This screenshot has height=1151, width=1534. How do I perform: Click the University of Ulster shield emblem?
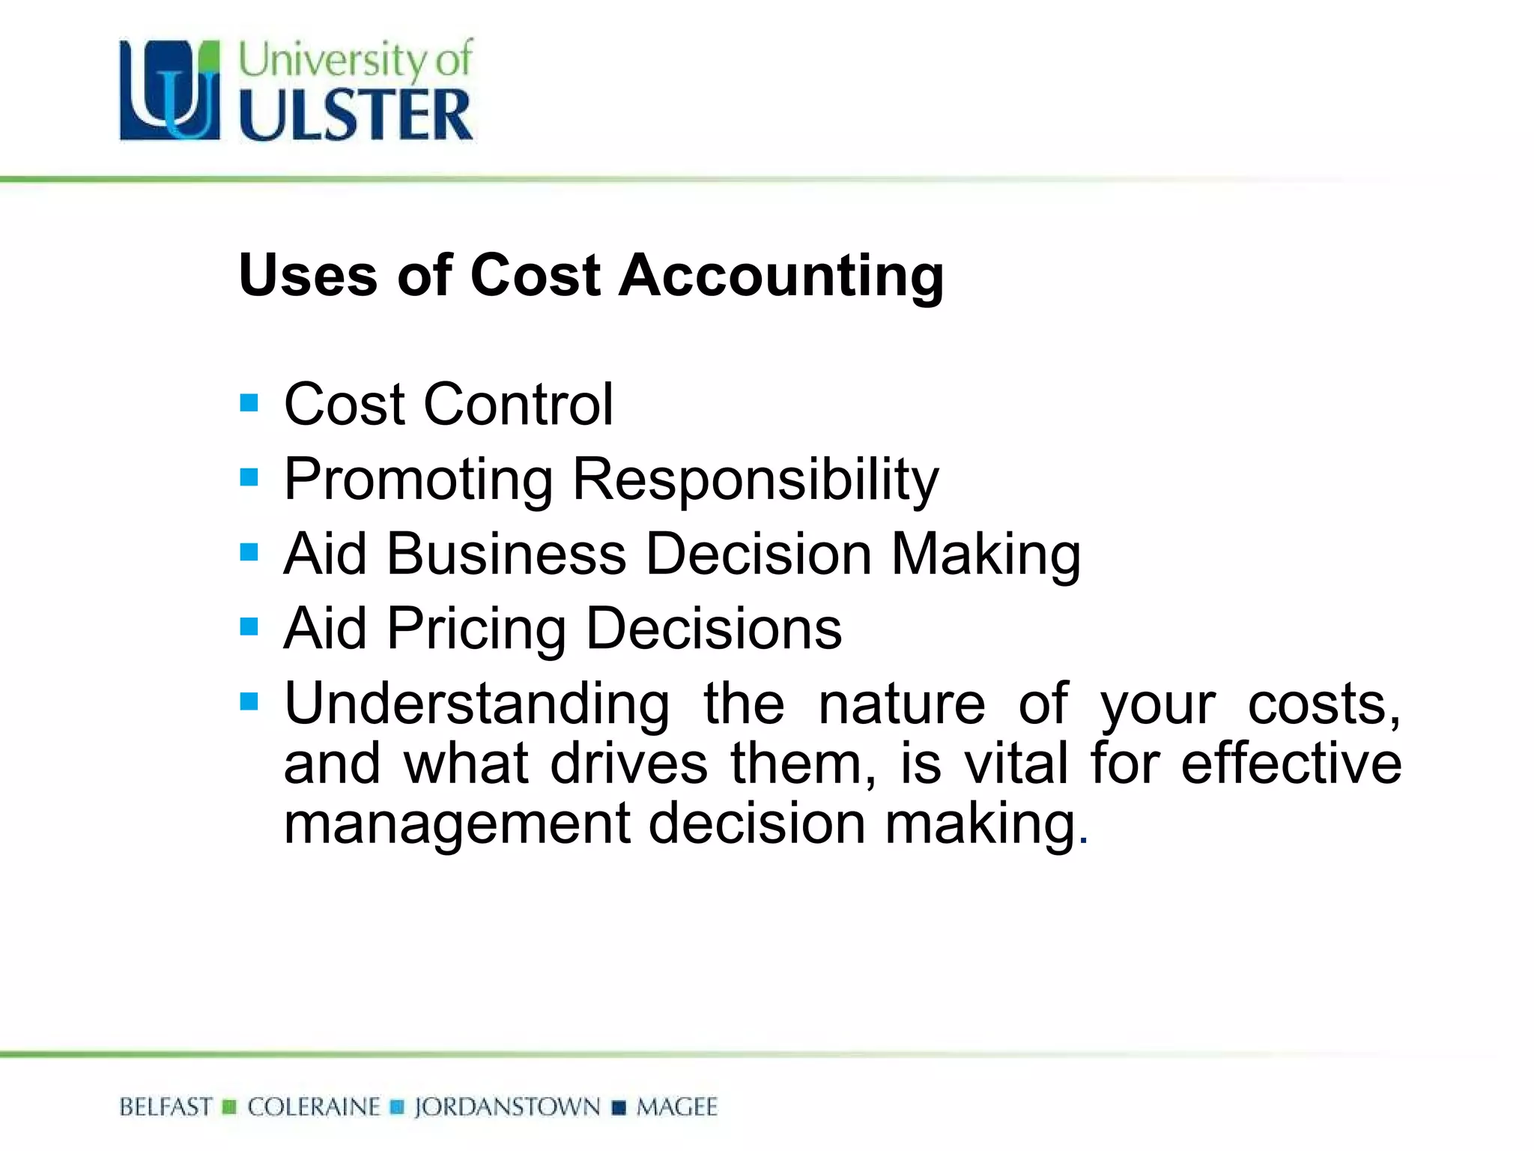click(170, 91)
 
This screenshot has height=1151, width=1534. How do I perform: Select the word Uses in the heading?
click(308, 276)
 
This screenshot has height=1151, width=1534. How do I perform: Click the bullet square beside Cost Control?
click(249, 403)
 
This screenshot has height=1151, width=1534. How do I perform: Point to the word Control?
click(518, 405)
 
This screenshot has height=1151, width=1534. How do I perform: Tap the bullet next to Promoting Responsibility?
click(249, 477)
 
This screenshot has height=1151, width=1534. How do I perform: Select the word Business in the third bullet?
click(506, 555)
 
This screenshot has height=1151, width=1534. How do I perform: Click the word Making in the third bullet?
click(986, 555)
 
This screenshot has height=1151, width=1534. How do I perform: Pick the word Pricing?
click(476, 629)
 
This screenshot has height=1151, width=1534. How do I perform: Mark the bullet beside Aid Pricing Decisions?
click(249, 626)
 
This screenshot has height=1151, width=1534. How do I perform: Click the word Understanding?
click(477, 704)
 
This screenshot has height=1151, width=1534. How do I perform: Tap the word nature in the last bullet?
click(902, 704)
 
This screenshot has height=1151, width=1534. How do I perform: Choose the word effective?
click(1291, 764)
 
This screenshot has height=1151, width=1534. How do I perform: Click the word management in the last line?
click(457, 824)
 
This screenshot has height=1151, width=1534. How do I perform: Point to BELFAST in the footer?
click(166, 1108)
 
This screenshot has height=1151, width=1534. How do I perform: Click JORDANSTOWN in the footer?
click(507, 1108)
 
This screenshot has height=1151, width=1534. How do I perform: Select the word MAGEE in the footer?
click(677, 1108)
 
